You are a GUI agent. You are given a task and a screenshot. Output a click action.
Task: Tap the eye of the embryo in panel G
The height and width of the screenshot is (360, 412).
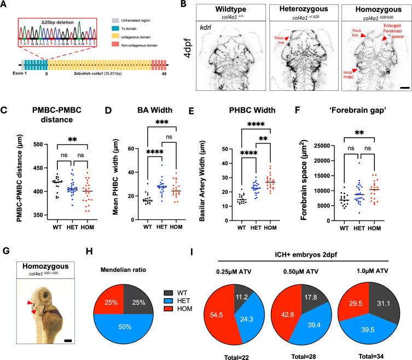tap(47, 299)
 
